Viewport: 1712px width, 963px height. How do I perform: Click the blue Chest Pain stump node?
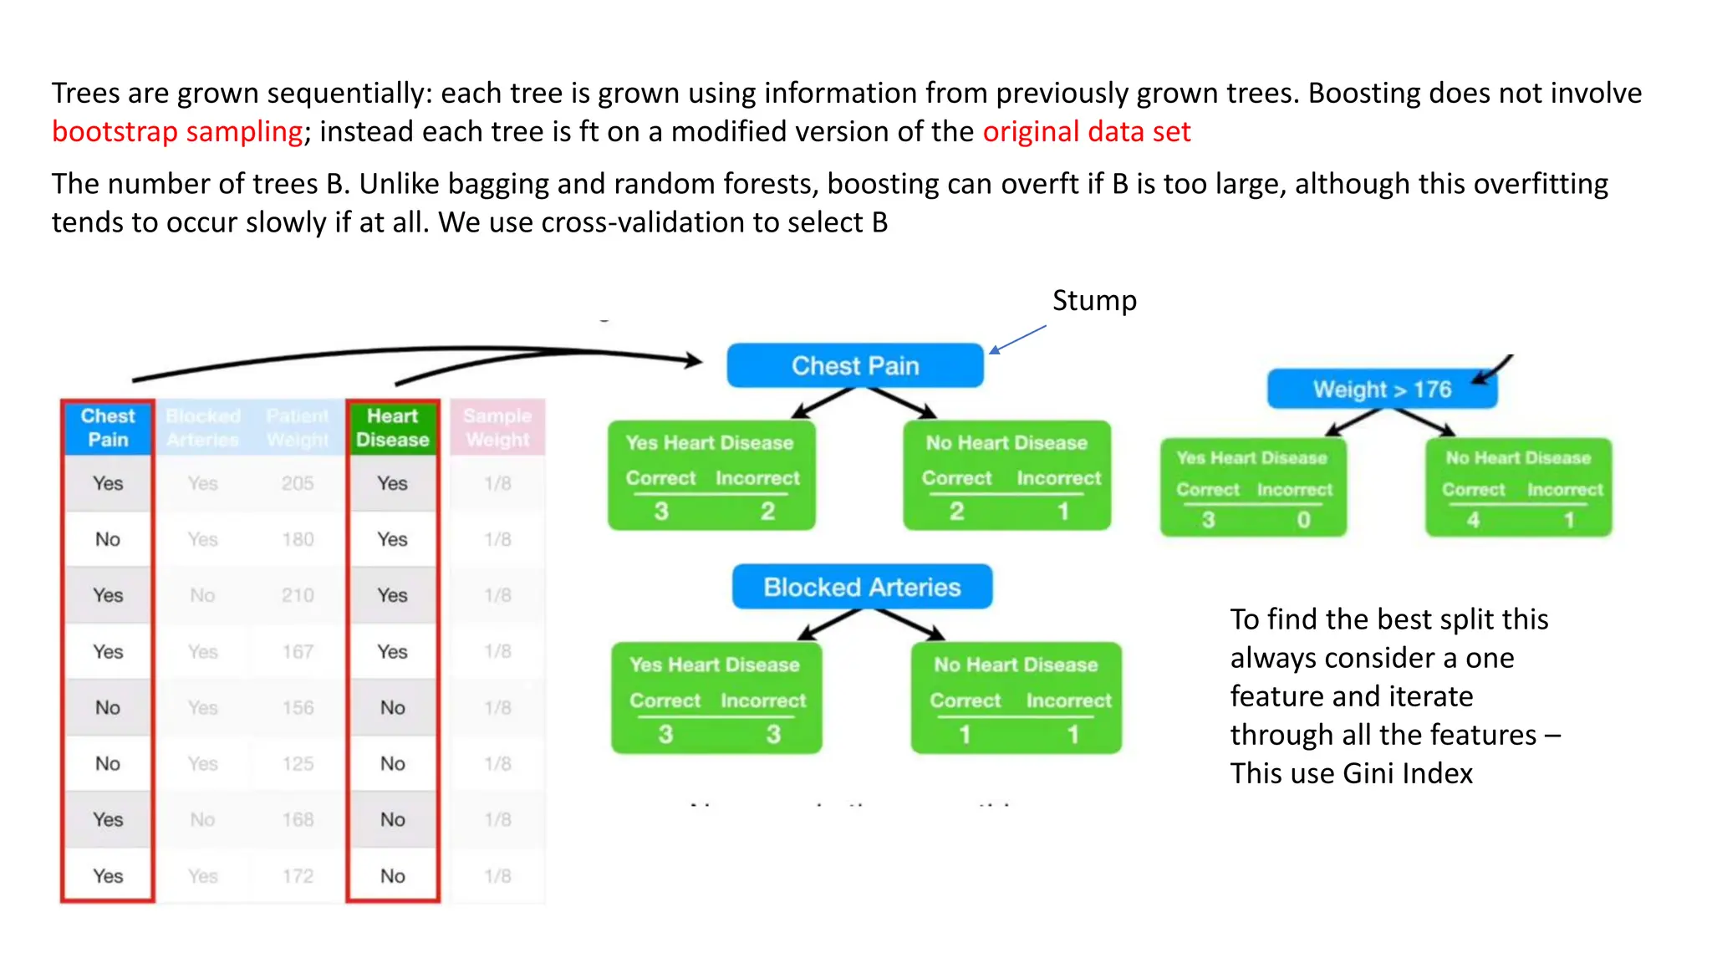click(854, 365)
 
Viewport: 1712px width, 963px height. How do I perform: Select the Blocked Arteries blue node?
click(862, 587)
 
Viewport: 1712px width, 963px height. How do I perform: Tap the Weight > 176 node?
click(1381, 390)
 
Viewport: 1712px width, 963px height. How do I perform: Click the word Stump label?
click(1093, 300)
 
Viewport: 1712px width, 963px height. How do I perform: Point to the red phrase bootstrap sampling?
click(176, 131)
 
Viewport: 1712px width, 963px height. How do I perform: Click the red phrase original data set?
click(1086, 131)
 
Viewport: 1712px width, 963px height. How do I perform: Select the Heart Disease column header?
click(392, 427)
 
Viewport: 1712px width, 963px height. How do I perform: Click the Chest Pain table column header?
click(108, 427)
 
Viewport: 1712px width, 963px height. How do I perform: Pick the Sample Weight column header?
click(497, 427)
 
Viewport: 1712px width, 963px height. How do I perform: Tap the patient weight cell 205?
click(298, 483)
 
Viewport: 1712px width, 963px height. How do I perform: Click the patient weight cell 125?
click(298, 763)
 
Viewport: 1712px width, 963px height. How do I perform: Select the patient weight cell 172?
click(298, 876)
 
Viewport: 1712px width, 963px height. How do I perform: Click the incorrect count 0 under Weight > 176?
click(1303, 520)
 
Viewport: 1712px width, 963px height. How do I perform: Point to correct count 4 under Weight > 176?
click(1473, 520)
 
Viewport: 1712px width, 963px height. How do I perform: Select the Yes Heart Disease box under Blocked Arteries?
click(716, 698)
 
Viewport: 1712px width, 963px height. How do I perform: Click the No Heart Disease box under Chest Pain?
click(1006, 475)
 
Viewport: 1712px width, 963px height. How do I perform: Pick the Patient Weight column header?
click(298, 427)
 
